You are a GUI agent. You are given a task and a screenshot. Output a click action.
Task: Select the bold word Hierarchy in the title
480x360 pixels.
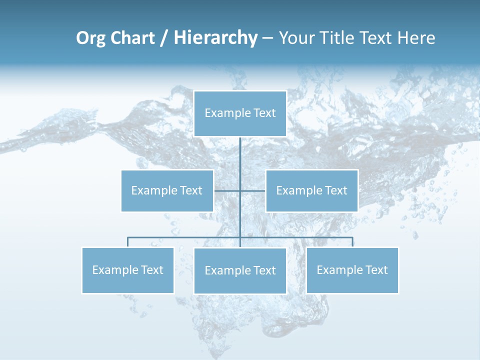click(215, 38)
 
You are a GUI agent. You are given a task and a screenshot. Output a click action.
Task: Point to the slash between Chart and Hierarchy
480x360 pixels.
click(163, 38)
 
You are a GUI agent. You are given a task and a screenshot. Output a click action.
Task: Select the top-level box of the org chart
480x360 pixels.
click(240, 113)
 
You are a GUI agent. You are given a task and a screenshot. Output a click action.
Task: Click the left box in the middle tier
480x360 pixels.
click(167, 190)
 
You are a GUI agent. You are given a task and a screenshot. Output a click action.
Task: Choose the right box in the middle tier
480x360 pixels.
click(311, 190)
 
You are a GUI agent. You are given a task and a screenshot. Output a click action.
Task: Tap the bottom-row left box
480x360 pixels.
click(128, 270)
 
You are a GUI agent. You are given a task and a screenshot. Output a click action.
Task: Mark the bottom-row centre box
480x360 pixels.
click(240, 271)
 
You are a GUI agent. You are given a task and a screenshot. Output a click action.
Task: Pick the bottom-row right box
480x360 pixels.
click(352, 270)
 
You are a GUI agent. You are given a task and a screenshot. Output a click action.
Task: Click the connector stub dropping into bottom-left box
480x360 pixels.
click(128, 242)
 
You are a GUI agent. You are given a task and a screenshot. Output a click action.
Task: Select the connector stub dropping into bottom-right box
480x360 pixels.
click(352, 242)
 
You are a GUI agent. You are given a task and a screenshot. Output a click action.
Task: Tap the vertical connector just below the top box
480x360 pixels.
click(240, 150)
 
